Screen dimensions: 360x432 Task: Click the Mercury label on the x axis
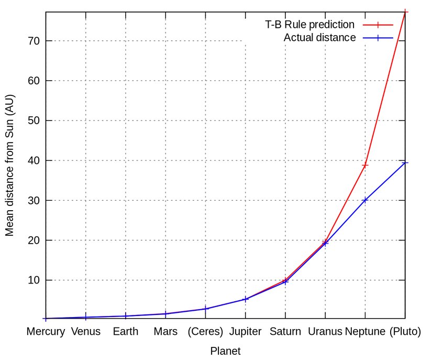pos(46,332)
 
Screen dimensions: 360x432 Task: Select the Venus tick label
pos(86,332)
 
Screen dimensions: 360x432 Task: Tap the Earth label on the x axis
pos(126,332)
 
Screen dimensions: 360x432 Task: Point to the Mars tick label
pos(165,332)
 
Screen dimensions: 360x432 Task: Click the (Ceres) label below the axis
pos(206,332)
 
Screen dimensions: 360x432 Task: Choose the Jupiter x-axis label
pos(246,332)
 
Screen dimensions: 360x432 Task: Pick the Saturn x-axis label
pos(285,332)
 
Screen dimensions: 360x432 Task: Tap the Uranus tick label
pos(325,332)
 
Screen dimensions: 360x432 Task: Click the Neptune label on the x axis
pos(365,332)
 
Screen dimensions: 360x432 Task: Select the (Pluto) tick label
pos(405,332)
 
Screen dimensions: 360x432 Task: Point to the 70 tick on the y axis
pos(33,41)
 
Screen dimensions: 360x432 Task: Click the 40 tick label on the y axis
pos(33,160)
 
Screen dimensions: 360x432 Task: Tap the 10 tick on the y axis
pos(33,280)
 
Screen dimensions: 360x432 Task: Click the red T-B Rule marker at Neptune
pos(365,165)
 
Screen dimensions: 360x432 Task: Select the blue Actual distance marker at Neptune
pos(365,200)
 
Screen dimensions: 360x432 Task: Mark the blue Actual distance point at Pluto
pos(405,163)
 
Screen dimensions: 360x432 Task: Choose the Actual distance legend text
pos(319,38)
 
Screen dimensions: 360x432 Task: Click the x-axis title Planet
pos(225,351)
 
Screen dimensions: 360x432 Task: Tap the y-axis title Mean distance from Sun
pos(10,165)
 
